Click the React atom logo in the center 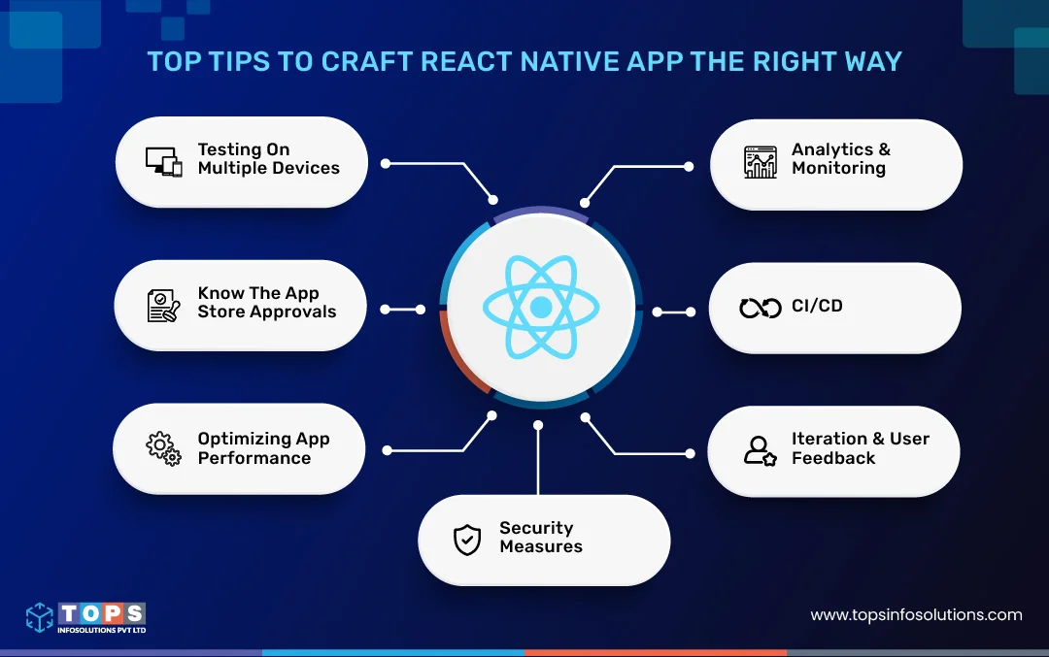541,307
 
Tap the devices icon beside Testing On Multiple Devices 164,161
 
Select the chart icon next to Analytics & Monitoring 761,162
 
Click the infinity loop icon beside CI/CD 761,308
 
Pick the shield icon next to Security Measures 467,540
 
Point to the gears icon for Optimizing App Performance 163,448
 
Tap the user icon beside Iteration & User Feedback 760,449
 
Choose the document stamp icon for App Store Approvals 164,305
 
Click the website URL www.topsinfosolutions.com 916,614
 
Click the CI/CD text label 817,306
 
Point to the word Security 536,528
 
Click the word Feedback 833,458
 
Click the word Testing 229,149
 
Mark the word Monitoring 838,168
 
